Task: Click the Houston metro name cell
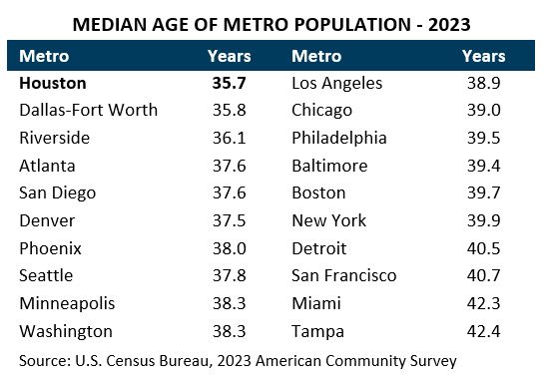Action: (53, 85)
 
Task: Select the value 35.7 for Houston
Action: (229, 85)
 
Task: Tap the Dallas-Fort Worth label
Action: (89, 111)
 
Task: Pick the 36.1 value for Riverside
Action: (229, 138)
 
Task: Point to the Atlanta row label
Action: (47, 166)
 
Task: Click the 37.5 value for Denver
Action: (229, 220)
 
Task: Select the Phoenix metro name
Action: (51, 248)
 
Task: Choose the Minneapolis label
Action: (68, 303)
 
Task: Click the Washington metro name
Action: (66, 331)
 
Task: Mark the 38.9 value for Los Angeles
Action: (482, 85)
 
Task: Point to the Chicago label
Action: (321, 111)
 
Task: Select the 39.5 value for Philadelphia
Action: (482, 138)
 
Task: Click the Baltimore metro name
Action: (329, 166)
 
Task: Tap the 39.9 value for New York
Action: (482, 220)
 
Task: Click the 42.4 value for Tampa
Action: (482, 331)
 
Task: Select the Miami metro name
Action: (315, 303)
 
